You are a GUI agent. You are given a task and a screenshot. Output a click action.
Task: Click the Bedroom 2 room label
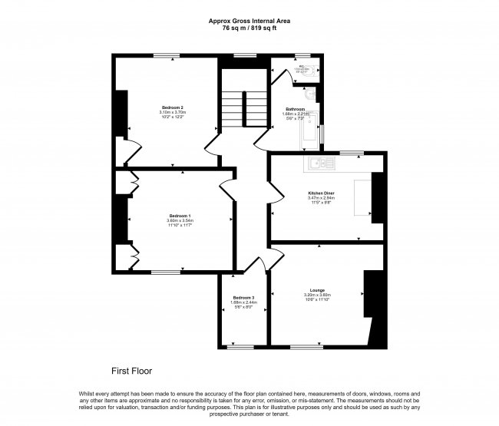tap(172, 107)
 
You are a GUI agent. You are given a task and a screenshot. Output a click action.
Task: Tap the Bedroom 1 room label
tap(180, 215)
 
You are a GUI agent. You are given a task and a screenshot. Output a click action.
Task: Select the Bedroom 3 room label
tap(243, 297)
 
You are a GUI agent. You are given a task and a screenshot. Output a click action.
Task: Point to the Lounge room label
tap(317, 289)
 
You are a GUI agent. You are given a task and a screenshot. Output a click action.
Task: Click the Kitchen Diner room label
tap(320, 192)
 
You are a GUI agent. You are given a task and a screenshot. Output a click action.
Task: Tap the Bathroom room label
tap(296, 109)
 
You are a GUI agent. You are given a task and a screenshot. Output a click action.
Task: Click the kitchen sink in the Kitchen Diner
tap(321, 162)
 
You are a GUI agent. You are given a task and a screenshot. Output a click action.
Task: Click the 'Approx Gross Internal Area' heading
tap(249, 21)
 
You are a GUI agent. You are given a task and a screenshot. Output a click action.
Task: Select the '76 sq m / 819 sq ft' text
tap(249, 28)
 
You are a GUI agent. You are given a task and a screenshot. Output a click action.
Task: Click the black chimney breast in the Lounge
tap(372, 296)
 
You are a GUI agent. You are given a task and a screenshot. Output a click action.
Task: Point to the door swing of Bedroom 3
tap(258, 265)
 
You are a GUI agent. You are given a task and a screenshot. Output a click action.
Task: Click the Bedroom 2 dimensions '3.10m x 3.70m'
tap(172, 113)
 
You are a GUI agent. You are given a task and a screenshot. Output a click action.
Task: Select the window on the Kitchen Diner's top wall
tap(352, 154)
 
